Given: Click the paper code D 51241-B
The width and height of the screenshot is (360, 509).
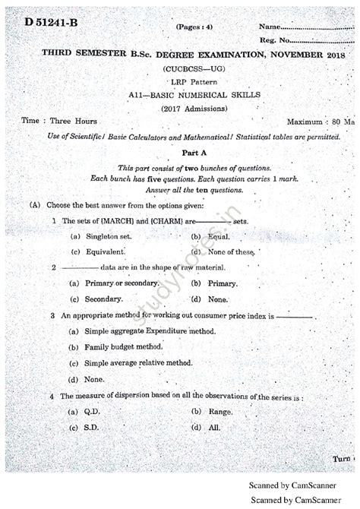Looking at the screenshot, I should point(52,22).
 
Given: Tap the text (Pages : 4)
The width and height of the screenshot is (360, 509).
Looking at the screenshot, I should point(195,27).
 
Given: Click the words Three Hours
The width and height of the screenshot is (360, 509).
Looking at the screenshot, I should point(73,121).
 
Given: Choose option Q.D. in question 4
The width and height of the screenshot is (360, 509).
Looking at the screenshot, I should point(92,411).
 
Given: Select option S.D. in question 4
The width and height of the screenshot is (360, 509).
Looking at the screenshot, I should point(91,427).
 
